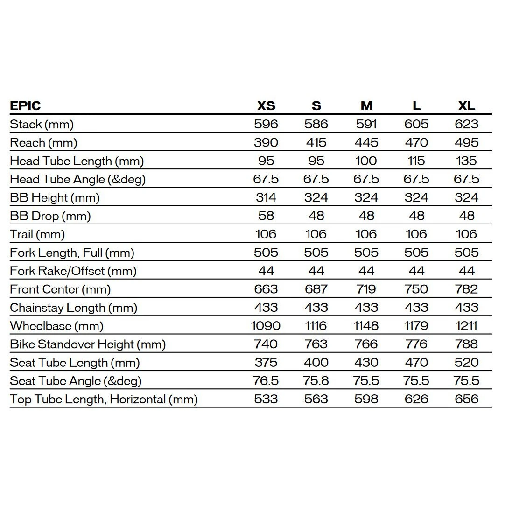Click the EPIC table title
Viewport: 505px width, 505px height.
[25, 105]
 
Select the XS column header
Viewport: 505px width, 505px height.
[266, 105]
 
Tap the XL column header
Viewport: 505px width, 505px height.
[466, 105]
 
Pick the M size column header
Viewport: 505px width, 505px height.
[366, 105]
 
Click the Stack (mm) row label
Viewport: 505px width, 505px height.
[42, 124]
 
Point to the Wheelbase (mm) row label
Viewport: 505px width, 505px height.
[56, 326]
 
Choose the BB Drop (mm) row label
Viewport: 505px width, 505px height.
[50, 216]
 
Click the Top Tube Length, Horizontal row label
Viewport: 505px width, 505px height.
[104, 399]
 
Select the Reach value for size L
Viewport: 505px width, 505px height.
[416, 142]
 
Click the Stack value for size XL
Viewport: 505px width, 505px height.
[466, 124]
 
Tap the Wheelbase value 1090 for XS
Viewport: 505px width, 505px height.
[266, 326]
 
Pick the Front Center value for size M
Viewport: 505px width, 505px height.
[366, 289]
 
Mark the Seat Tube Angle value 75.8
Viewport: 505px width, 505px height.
[316, 381]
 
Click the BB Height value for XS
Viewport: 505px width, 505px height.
[266, 197]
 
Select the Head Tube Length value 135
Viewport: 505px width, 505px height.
[466, 161]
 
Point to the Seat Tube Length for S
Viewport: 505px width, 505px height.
[316, 362]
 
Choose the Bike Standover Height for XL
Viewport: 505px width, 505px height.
[466, 344]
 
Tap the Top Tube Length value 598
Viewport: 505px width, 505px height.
[366, 399]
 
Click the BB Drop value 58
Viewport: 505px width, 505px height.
[266, 216]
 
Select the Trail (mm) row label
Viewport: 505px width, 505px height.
[37, 234]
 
